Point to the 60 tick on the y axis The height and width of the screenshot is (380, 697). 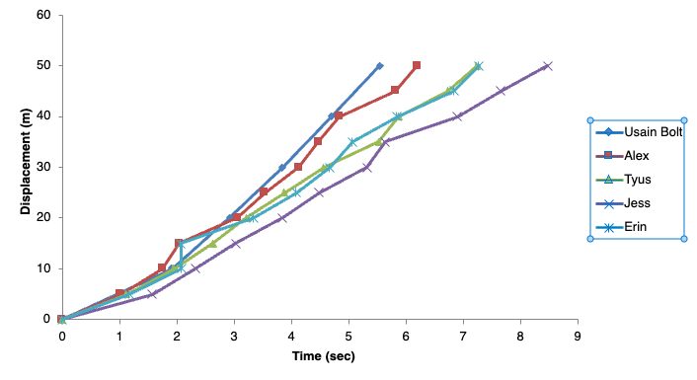tap(42, 15)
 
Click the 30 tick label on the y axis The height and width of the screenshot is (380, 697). tap(42, 167)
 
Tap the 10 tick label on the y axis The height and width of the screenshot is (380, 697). tap(42, 268)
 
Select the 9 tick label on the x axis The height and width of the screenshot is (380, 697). tap(578, 337)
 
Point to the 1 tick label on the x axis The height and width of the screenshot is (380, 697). tap(118, 337)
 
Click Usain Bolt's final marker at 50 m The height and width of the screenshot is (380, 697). tap(380, 66)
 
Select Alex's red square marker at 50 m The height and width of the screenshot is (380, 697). tap(417, 65)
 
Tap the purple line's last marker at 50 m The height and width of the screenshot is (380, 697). tap(547, 66)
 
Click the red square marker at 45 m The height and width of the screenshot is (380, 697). tap(395, 90)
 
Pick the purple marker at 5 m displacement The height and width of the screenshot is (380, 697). tap(152, 293)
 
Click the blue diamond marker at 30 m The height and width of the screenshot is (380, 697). tap(281, 167)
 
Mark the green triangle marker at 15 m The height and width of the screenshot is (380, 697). tap(212, 243)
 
